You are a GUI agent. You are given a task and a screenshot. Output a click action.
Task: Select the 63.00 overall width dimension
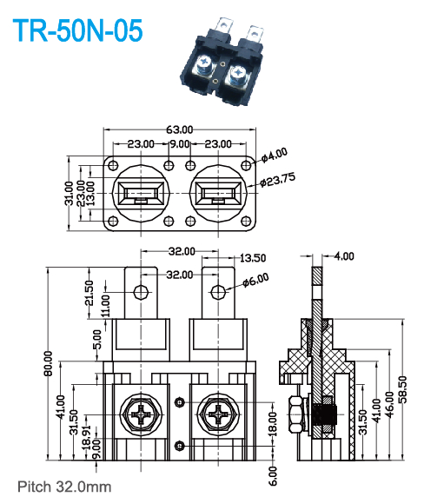pyautogui.click(x=180, y=129)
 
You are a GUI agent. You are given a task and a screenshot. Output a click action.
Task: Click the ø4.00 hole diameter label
pyautogui.click(x=274, y=156)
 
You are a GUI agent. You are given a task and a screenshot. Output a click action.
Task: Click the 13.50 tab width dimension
pyautogui.click(x=252, y=258)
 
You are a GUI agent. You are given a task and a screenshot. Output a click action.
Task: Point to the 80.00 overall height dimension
pyautogui.click(x=48, y=365)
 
